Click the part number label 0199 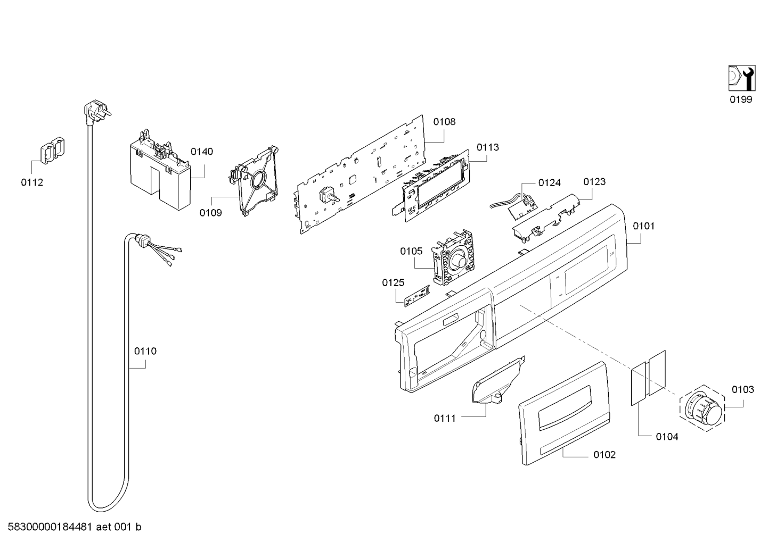[x=741, y=99]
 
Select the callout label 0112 [x=32, y=182]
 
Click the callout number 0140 [x=202, y=152]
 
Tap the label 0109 [x=211, y=213]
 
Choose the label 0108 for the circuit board [x=444, y=122]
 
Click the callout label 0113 [x=488, y=147]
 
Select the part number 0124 [x=549, y=183]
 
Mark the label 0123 [x=594, y=182]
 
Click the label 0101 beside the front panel [x=644, y=226]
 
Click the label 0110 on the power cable [x=145, y=351]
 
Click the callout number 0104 [x=667, y=437]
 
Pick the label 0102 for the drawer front [x=604, y=455]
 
